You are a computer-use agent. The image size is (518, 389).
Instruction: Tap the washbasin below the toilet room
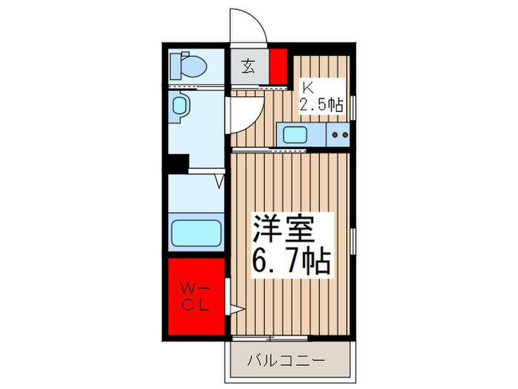click(181, 106)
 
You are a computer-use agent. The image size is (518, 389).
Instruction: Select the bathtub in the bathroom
click(196, 233)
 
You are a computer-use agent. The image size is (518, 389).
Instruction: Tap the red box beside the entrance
click(278, 66)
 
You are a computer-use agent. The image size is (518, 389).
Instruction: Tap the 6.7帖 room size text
click(290, 261)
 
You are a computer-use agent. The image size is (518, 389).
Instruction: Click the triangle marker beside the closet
click(237, 310)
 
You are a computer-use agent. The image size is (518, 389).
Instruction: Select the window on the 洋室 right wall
click(353, 241)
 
